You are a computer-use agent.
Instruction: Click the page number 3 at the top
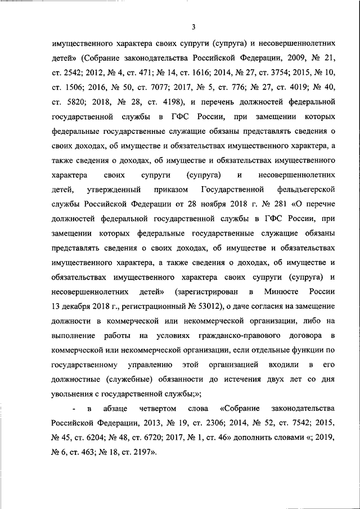[193, 26]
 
